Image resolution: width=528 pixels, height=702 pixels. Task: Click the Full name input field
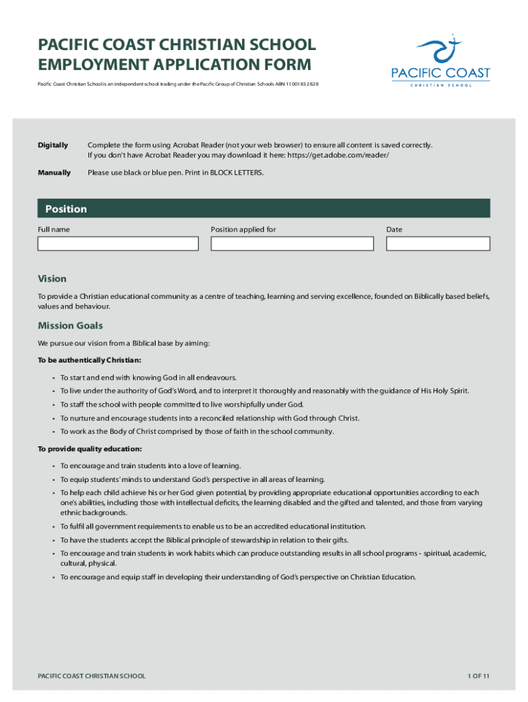(x=118, y=243)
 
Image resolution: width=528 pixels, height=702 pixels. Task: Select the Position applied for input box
(x=292, y=243)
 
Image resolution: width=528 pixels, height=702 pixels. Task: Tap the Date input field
(x=437, y=243)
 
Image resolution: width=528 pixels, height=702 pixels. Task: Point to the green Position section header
(x=263, y=208)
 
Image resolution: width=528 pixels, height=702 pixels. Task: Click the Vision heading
(x=52, y=278)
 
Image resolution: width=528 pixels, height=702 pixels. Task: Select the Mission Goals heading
(x=71, y=326)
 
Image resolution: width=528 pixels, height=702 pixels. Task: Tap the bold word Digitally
(x=53, y=145)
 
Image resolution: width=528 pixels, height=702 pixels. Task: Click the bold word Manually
(x=54, y=173)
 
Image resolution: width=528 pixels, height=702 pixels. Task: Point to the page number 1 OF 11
(x=478, y=676)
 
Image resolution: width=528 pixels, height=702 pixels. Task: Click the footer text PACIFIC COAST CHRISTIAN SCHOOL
(x=92, y=676)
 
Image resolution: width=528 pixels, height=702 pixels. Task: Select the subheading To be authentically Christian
(x=90, y=359)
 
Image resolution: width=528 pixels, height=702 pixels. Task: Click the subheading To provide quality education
(x=90, y=448)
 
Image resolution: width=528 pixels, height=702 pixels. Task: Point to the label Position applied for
(x=243, y=230)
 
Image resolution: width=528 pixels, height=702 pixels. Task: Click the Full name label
(x=53, y=230)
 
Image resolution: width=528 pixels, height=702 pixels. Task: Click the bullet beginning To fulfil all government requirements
(x=213, y=526)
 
